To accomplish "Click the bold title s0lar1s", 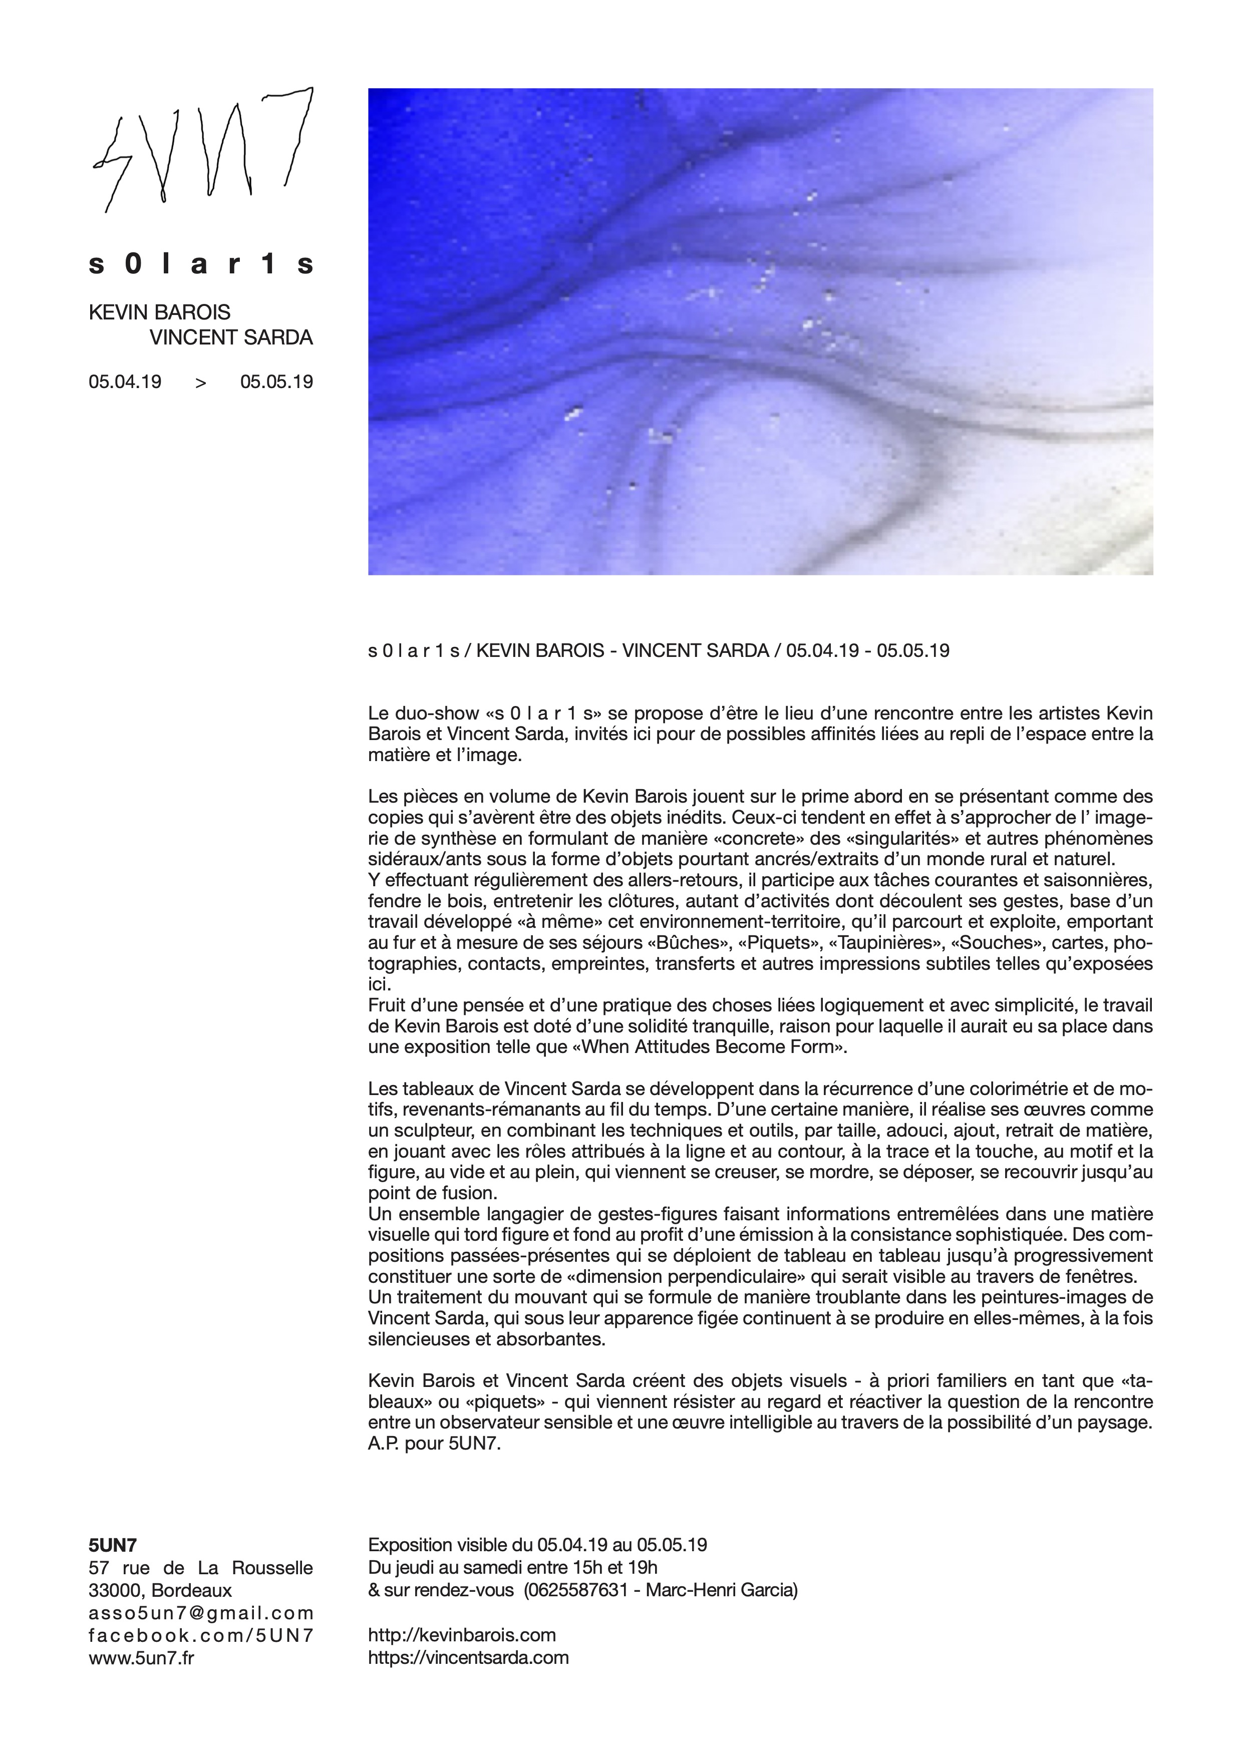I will (201, 264).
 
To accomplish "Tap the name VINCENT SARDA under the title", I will (231, 338).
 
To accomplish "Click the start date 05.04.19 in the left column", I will (125, 382).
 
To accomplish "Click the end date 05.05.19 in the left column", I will (276, 382).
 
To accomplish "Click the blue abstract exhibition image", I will (760, 331).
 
